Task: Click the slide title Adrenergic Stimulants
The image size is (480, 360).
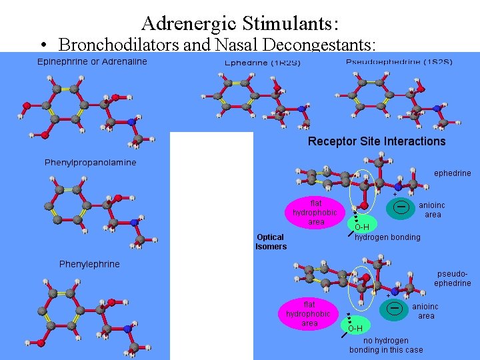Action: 240,24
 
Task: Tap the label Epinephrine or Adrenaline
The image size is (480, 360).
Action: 92,62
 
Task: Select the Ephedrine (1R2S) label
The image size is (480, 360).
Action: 263,63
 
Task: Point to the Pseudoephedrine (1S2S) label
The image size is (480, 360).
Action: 399,62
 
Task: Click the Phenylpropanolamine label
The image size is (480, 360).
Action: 90,162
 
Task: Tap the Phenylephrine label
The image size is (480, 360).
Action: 89,264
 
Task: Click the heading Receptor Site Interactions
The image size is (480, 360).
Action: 377,141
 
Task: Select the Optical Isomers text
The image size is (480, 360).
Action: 271,241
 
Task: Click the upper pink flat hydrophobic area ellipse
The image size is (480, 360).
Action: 316,213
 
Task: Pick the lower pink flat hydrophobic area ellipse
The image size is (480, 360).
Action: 309,314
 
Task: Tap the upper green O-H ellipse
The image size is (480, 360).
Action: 361,227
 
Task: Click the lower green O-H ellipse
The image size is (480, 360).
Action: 355,327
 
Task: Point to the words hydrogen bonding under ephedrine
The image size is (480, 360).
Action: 387,237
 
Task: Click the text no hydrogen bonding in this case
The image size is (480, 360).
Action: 386,345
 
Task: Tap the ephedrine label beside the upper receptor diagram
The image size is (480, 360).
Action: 452,173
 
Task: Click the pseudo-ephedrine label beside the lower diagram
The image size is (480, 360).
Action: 452,279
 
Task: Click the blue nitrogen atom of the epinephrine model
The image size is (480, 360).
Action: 131,121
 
